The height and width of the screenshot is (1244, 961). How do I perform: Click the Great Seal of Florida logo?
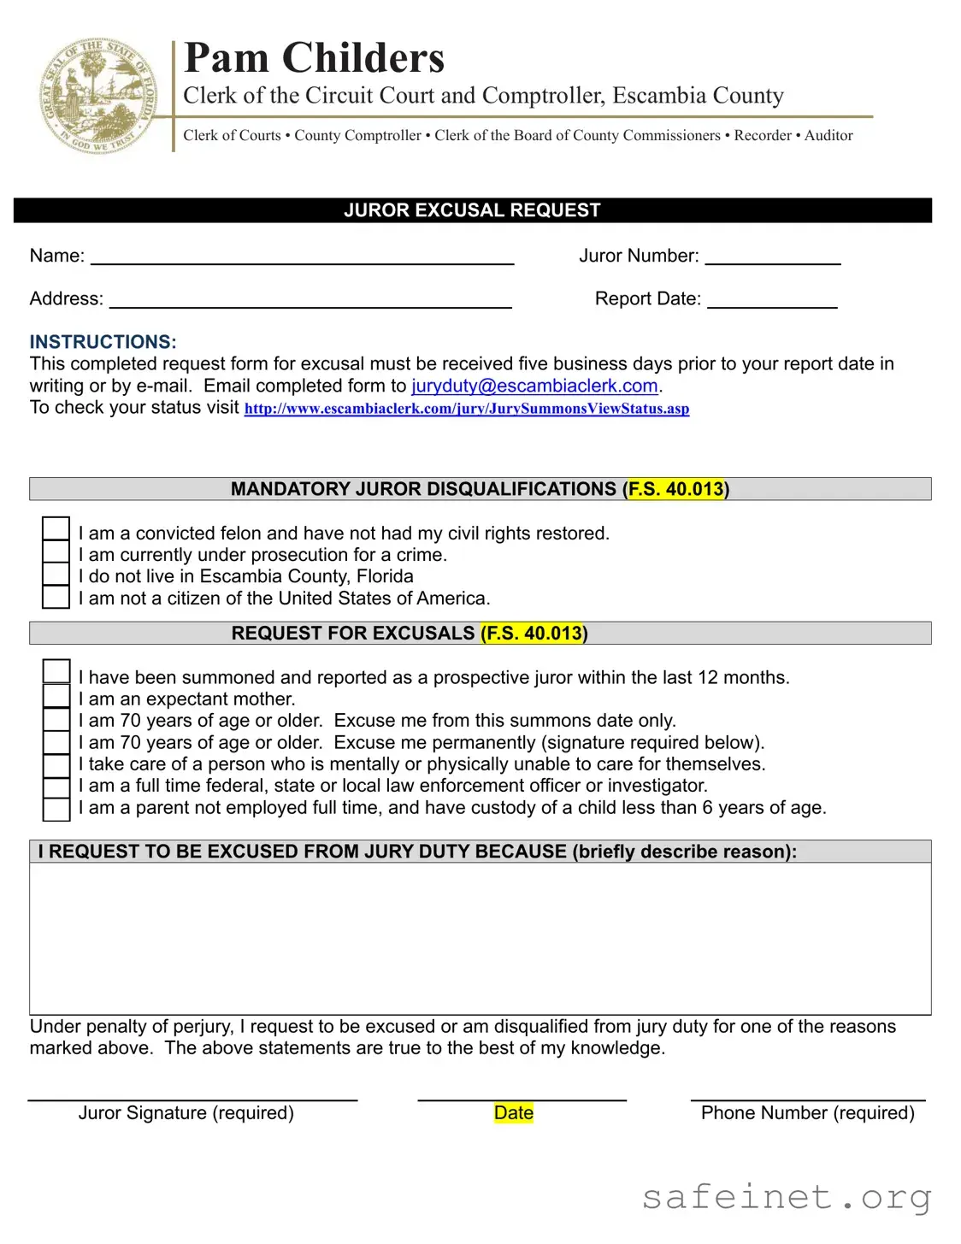click(x=98, y=96)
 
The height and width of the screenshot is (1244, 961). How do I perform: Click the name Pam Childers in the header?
click(x=314, y=58)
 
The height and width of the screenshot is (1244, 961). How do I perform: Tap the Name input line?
click(x=302, y=258)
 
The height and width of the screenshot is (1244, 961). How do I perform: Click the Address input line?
click(x=310, y=301)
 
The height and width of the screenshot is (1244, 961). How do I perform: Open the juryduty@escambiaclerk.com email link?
click(x=534, y=386)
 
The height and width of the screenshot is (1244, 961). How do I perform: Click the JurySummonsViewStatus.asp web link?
click(x=467, y=409)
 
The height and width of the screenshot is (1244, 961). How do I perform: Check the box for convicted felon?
click(x=56, y=529)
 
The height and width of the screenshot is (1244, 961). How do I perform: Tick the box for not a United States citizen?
click(x=56, y=597)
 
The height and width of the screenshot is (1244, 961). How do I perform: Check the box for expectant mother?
click(x=56, y=697)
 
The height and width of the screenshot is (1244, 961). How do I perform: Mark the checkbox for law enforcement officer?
click(x=56, y=787)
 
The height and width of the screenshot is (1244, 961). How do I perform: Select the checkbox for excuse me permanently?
click(x=56, y=742)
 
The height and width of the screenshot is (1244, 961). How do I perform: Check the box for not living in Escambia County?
click(x=56, y=575)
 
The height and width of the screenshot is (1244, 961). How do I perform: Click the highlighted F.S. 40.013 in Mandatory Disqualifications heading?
click(x=675, y=489)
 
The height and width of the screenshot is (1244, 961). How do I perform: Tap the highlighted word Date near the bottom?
click(x=513, y=1113)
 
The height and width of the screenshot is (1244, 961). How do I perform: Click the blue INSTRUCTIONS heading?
click(x=103, y=342)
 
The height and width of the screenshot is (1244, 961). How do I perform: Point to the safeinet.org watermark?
click(x=787, y=1197)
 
